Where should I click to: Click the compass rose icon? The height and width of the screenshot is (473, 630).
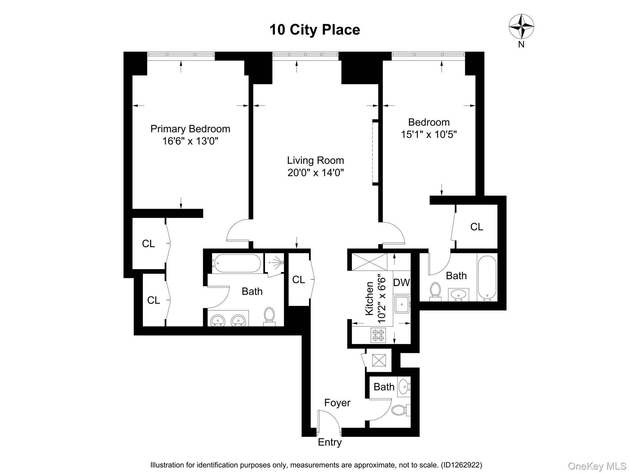[521, 27]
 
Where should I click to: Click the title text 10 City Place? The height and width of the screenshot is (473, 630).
[314, 30]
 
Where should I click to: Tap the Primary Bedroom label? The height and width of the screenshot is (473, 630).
[190, 129]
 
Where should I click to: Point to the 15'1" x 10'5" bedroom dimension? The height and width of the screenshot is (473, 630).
[429, 135]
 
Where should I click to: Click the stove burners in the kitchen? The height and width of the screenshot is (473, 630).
[378, 335]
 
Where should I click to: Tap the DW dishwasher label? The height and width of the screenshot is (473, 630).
[401, 282]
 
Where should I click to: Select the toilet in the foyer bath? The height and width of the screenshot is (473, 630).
[399, 410]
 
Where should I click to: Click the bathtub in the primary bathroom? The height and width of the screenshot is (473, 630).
[237, 263]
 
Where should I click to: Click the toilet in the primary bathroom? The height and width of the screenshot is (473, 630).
[269, 316]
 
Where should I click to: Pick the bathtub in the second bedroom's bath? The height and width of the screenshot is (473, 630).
[487, 277]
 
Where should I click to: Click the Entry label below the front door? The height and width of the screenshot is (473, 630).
[329, 442]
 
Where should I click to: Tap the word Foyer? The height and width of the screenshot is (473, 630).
[337, 403]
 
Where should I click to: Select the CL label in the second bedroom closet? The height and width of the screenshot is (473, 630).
[476, 227]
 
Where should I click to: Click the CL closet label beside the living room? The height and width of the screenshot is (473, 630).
[298, 280]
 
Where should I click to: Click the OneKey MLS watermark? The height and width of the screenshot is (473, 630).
[597, 466]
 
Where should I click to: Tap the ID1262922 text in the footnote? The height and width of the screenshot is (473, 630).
[461, 465]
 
